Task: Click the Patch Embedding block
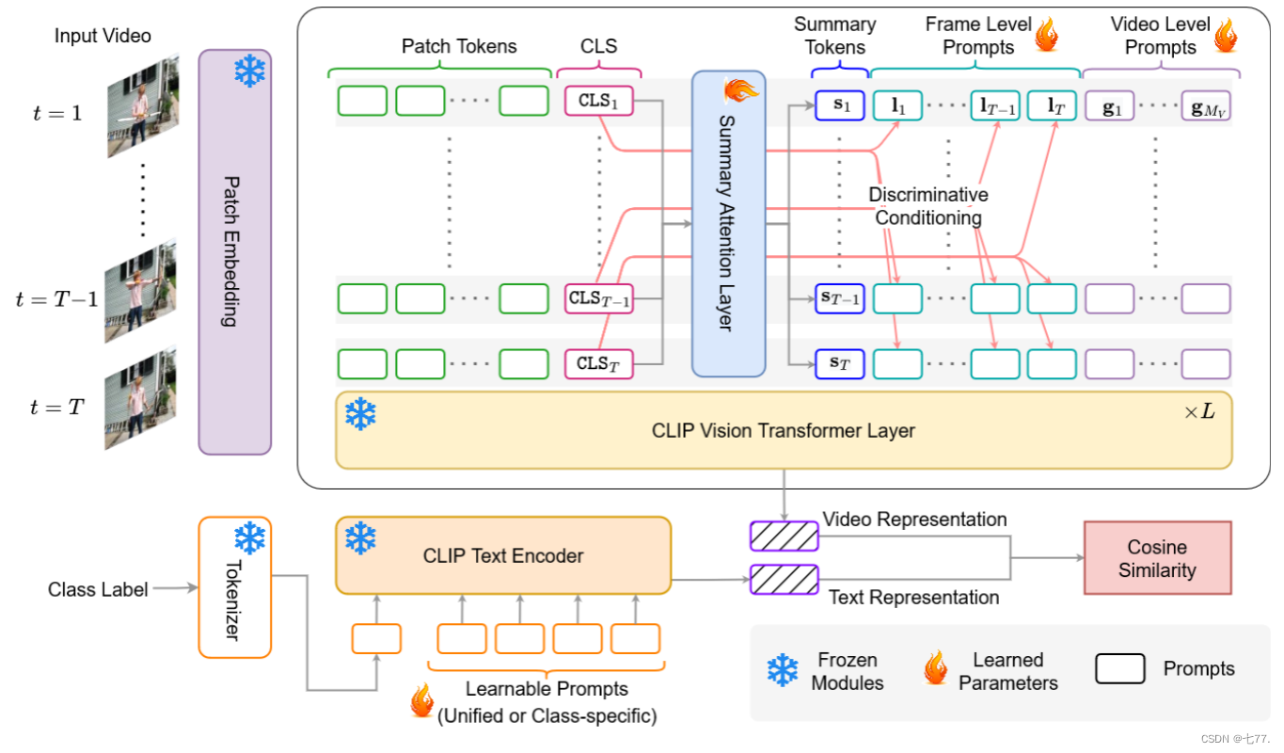coord(234,251)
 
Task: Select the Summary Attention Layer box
coord(729,224)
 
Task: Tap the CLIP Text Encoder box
coord(503,555)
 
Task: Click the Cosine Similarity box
coord(1156,558)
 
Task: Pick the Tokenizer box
coord(234,586)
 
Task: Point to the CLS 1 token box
coord(599,101)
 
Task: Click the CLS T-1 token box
coord(599,298)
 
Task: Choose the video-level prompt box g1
coord(1110,106)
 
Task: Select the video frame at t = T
coord(141,400)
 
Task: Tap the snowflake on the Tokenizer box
coord(249,538)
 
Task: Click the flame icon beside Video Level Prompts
coord(1226,36)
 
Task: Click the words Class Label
coord(98,590)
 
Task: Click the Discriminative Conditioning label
coord(927,206)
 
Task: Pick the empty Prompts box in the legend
coord(1119,668)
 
